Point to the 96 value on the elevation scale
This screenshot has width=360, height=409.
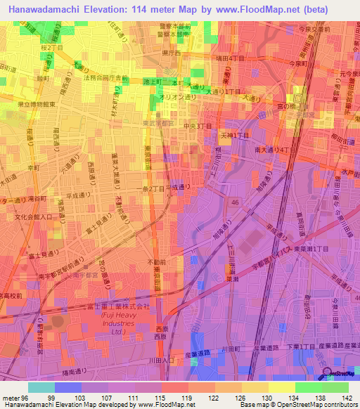tap(26, 398)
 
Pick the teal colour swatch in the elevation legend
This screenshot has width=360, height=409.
tap(41, 387)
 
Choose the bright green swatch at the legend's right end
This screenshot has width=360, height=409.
tap(335, 387)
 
